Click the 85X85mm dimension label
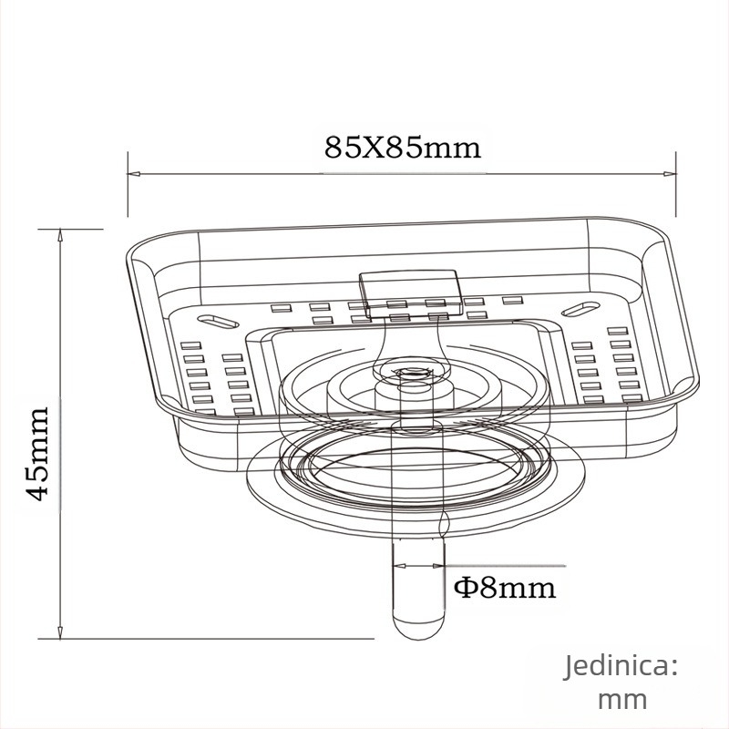click(x=403, y=147)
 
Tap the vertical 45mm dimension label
click(x=39, y=453)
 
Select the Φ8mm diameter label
click(x=504, y=587)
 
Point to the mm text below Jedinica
click(x=622, y=700)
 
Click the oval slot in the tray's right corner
click(x=583, y=309)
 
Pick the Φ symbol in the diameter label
click(x=465, y=588)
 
